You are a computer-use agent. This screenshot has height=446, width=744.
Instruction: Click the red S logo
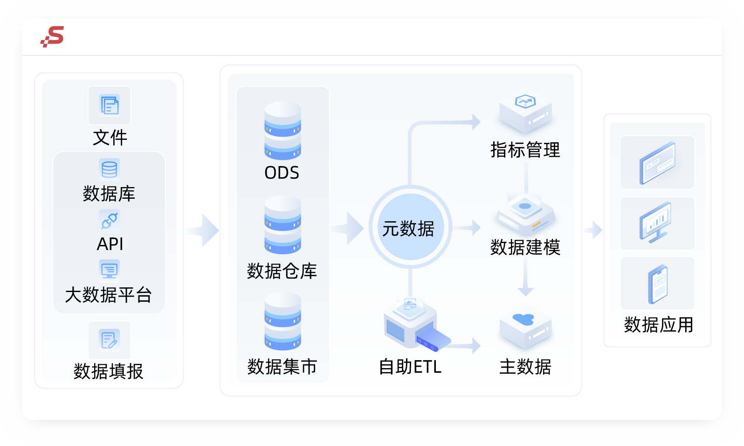[53, 36]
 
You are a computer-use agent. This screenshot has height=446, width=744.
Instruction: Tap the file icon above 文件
[110, 105]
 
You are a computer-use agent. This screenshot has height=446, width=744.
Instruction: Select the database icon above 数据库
[109, 169]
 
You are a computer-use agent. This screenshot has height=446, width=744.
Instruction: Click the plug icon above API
[109, 220]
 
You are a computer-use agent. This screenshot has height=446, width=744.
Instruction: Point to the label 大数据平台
[109, 295]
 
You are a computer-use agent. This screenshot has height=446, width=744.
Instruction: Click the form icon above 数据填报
[109, 340]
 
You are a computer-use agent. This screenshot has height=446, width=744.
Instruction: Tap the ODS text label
[282, 173]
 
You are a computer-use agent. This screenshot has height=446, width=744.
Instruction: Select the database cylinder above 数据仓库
[282, 225]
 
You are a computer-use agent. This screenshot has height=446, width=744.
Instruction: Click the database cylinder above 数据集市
[282, 321]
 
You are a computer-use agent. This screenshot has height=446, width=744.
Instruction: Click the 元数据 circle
[410, 227]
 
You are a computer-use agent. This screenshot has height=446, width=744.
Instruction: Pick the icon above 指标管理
[525, 112]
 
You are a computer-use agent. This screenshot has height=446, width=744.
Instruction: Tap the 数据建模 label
[525, 247]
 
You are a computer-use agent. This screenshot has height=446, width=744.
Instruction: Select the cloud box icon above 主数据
[525, 328]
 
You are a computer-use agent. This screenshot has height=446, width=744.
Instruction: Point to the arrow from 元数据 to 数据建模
[468, 228]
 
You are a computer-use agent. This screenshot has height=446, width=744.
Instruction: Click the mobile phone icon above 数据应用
[658, 284]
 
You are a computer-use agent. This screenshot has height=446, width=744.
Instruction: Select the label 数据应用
[658, 325]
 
